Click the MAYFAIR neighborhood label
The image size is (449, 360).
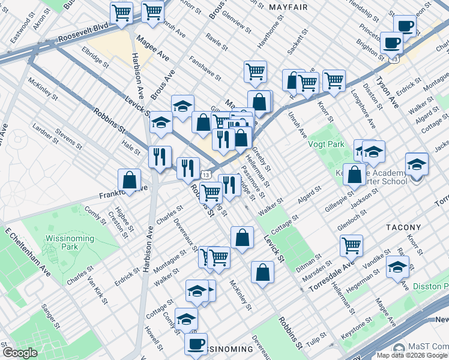[288, 7]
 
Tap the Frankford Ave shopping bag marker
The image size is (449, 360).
[129, 179]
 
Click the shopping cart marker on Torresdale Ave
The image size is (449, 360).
[351, 245]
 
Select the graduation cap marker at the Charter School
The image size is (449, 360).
[417, 163]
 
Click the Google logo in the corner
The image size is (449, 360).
[20, 353]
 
